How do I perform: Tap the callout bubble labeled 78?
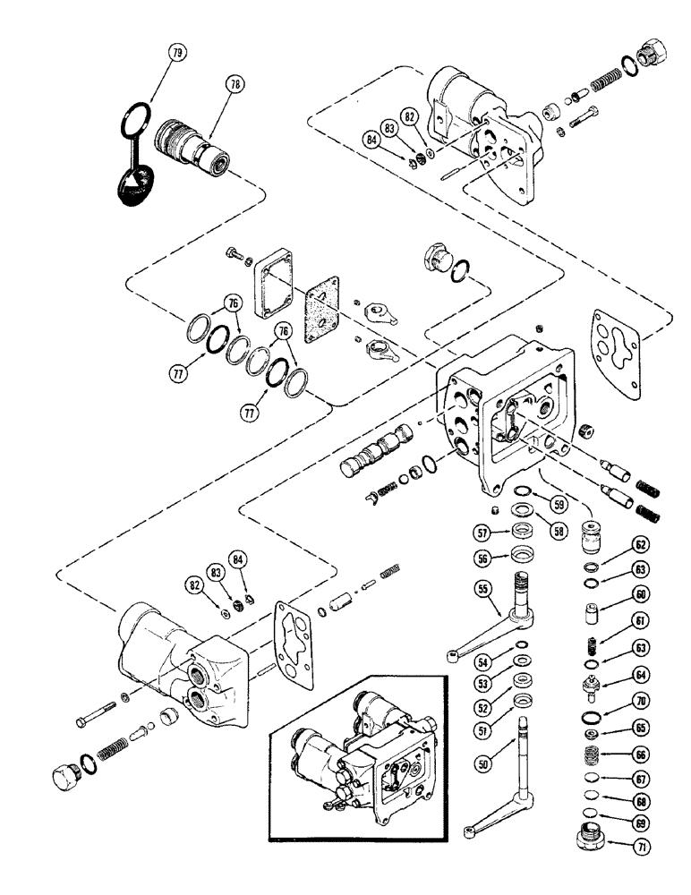236,86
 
